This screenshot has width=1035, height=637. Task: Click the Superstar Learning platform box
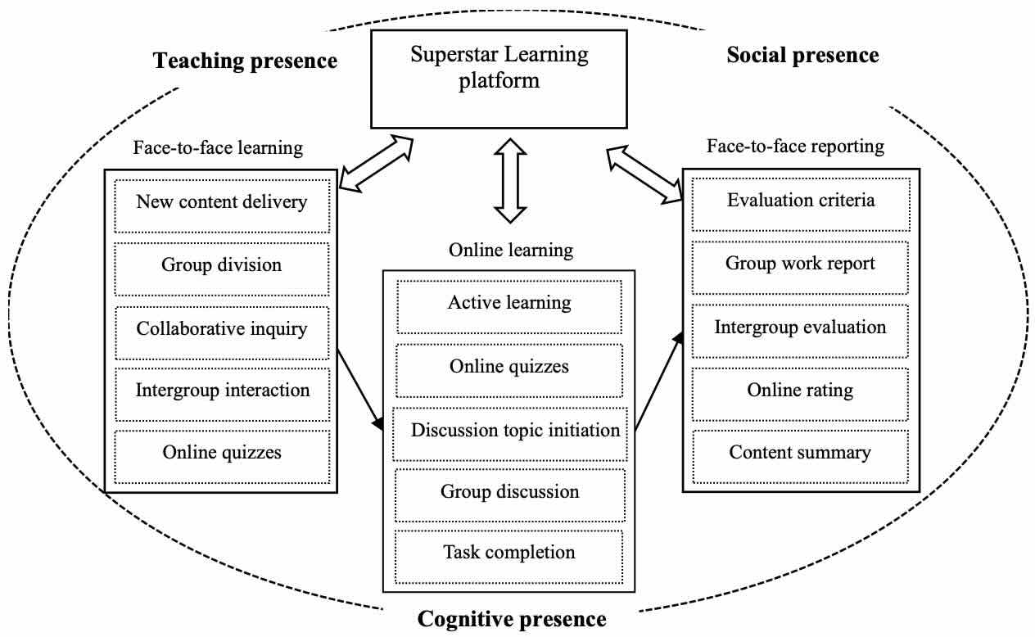point(499,79)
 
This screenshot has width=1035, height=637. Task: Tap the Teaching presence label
point(245,61)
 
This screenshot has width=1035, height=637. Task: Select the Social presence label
point(802,55)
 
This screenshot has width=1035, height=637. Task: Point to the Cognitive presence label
point(512,619)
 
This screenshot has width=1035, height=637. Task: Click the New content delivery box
point(222,201)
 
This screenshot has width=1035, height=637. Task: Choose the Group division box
point(222,265)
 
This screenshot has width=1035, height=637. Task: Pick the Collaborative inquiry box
point(222,329)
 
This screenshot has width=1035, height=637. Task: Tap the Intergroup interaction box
point(222,390)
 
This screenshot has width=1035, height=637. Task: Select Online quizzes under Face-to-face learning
point(222,452)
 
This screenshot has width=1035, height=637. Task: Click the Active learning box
point(508,303)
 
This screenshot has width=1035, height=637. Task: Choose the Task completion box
point(508,553)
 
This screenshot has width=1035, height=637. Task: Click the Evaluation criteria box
point(800,201)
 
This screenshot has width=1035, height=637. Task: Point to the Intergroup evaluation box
point(800,328)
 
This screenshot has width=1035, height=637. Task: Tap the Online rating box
point(800,391)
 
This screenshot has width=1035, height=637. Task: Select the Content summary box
point(800,452)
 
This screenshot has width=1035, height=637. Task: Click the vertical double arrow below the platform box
point(510,181)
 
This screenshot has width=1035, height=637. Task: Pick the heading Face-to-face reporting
point(795,147)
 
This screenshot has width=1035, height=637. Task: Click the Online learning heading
point(510,251)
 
